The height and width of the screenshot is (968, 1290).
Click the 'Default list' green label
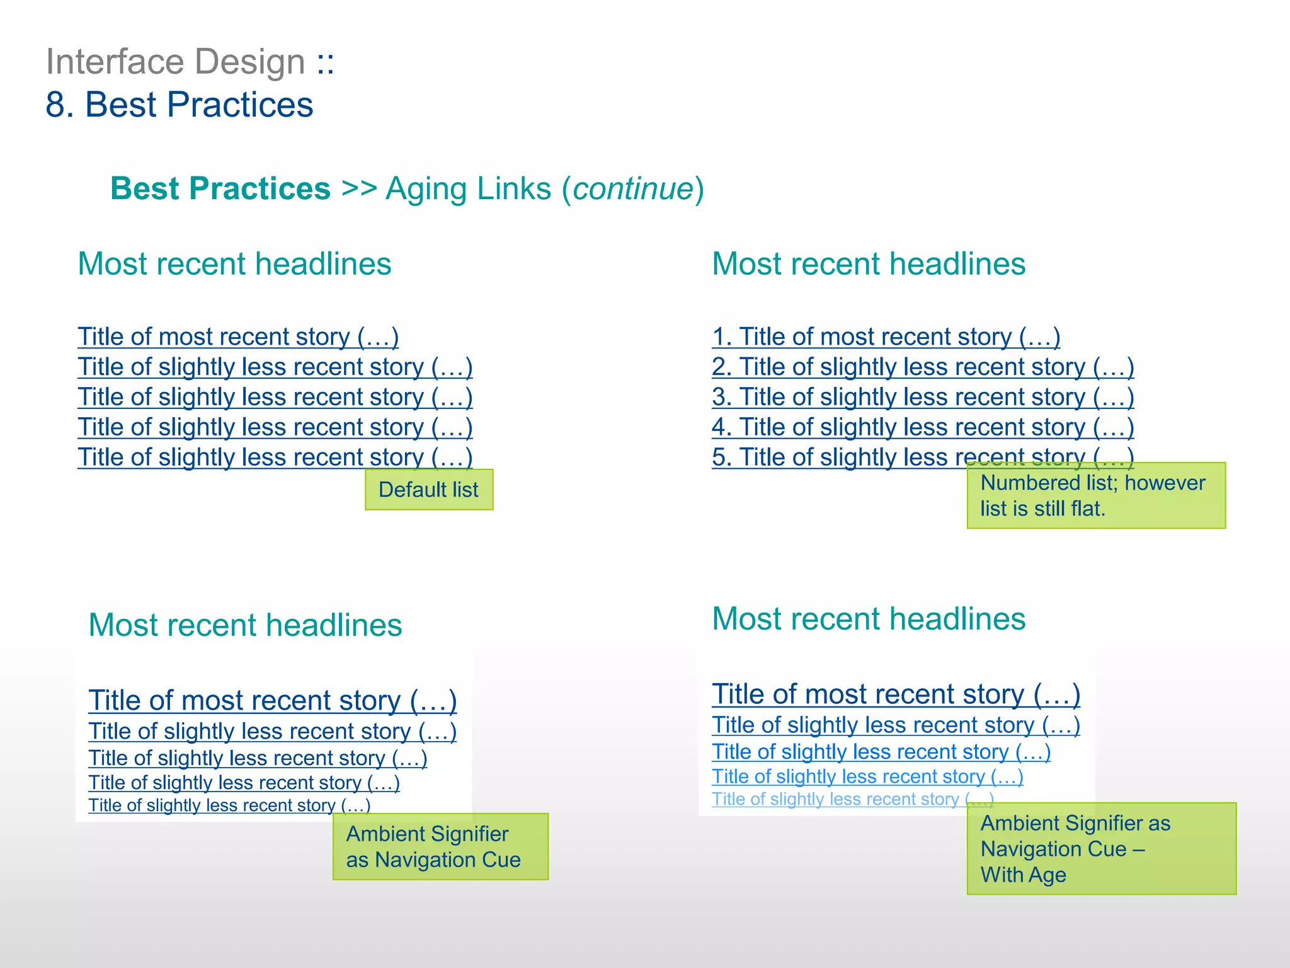click(429, 490)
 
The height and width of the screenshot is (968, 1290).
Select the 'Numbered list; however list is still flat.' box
click(1096, 495)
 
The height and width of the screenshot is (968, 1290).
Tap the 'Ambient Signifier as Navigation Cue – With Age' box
click(1101, 848)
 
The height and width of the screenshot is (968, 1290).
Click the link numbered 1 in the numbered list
click(886, 337)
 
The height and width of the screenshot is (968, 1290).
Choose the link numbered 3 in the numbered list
click(922, 398)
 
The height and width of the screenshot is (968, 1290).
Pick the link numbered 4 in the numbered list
click(922, 428)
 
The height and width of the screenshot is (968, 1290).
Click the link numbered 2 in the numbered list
click(922, 367)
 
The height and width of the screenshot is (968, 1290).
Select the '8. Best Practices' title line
click(180, 105)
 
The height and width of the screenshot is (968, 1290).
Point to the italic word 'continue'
click(633, 189)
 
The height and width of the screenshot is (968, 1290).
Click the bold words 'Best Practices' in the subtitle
click(220, 189)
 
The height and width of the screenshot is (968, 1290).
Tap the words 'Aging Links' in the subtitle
click(469, 189)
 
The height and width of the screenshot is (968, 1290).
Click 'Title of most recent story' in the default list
click(238, 337)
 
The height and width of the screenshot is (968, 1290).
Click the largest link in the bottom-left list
click(272, 701)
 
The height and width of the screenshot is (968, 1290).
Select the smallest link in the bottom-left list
click(229, 805)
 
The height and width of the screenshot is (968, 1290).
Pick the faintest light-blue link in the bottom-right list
click(852, 799)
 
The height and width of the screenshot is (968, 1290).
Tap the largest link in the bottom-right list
click(896, 694)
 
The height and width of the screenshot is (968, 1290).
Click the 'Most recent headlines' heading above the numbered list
click(869, 264)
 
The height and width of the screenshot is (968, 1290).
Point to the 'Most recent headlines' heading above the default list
click(234, 264)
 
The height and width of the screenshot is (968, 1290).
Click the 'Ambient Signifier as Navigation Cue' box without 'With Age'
click(440, 846)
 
